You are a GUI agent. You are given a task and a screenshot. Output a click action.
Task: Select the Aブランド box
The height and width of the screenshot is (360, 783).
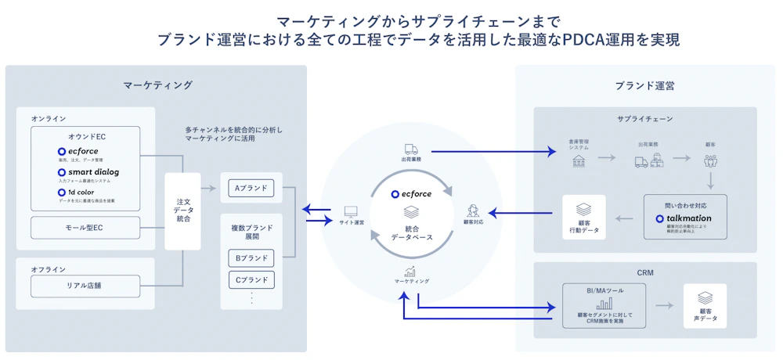(x=251, y=188)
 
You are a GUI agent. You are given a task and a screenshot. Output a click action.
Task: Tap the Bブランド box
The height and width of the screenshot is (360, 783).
(x=251, y=257)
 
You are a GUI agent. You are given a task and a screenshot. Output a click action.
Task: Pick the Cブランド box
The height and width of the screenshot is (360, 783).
(x=251, y=279)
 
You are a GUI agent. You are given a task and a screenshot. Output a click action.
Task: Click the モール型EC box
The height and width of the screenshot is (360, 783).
(x=85, y=228)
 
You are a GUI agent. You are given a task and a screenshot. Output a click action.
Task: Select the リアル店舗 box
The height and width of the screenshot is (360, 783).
(x=85, y=286)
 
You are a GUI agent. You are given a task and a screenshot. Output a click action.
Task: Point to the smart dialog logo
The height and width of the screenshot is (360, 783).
(x=88, y=171)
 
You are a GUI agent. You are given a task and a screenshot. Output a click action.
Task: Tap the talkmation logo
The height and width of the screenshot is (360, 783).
(x=684, y=218)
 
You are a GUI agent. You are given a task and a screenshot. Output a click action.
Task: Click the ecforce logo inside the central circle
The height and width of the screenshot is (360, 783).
(x=411, y=193)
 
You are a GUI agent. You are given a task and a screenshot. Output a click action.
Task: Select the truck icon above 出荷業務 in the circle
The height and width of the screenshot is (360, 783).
(x=411, y=149)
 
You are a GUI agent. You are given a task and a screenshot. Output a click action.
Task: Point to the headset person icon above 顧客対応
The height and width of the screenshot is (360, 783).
(x=473, y=211)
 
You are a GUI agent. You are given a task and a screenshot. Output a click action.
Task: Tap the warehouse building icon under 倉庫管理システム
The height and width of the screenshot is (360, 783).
(x=579, y=160)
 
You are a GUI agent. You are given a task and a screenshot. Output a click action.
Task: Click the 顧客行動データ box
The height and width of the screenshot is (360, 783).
(x=583, y=217)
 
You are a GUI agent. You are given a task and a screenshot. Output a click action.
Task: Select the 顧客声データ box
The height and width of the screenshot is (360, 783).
(x=704, y=305)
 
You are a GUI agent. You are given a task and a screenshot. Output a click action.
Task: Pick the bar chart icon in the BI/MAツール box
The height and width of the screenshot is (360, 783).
(x=604, y=303)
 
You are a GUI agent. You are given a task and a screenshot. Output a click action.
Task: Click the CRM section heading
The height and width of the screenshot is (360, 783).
(x=644, y=273)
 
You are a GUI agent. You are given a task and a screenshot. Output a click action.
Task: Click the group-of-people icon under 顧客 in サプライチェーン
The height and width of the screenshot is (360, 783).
(x=710, y=160)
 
